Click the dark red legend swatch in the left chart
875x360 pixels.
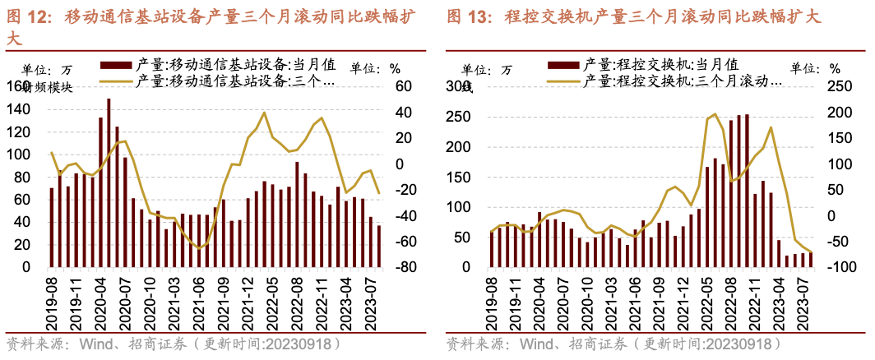[x=116, y=63]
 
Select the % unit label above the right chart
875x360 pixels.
[x=835, y=69]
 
